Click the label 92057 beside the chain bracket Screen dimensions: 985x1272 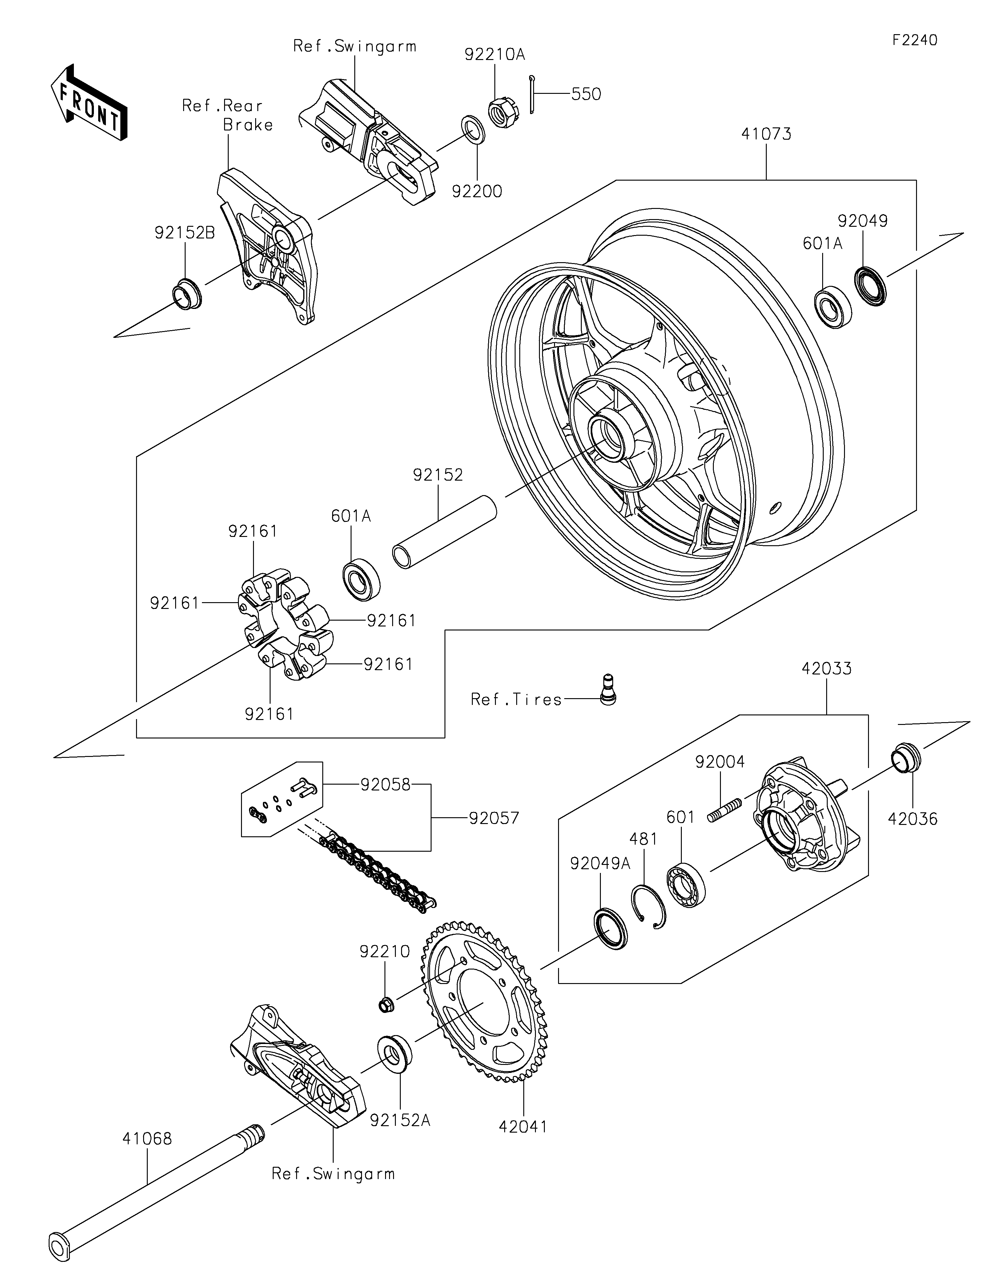coord(494,818)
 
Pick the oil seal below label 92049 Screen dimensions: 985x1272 coord(870,286)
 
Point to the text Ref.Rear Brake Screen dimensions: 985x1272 coord(228,115)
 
